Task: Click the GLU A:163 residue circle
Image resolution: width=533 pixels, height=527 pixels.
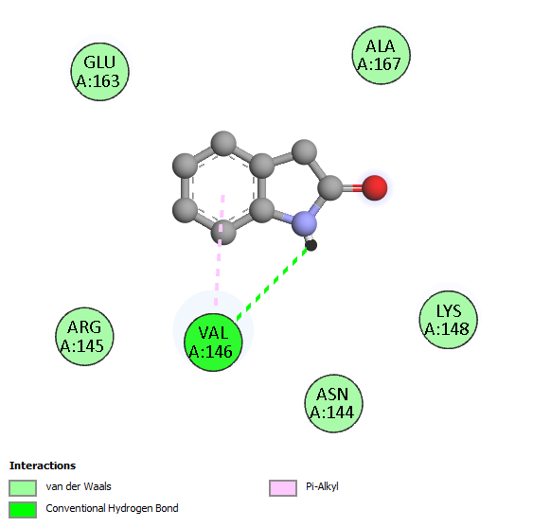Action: pyautogui.click(x=99, y=72)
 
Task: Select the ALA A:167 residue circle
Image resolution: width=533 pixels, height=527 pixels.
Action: pyautogui.click(x=382, y=55)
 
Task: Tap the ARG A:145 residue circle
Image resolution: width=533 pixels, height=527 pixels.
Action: pyautogui.click(x=84, y=337)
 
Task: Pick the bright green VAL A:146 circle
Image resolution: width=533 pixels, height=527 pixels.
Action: pyautogui.click(x=213, y=343)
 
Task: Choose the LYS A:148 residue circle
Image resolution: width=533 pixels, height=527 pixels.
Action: pyautogui.click(x=449, y=320)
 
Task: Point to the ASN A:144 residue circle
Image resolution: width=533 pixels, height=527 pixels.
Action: pyautogui.click(x=333, y=403)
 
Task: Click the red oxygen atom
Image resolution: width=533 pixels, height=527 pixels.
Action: pyautogui.click(x=375, y=187)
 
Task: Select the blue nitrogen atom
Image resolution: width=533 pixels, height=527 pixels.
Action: pyautogui.click(x=304, y=224)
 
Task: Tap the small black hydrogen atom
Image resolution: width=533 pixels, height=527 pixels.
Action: pyautogui.click(x=311, y=245)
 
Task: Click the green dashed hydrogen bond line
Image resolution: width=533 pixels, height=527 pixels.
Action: pyautogui.click(x=272, y=284)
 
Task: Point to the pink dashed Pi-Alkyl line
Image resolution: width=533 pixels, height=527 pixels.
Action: pyautogui.click(x=220, y=250)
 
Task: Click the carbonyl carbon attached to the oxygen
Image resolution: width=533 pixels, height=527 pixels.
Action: pyautogui.click(x=330, y=187)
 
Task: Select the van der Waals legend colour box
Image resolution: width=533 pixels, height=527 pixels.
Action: pyautogui.click(x=23, y=488)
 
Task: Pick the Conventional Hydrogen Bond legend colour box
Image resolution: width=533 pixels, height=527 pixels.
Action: pyautogui.click(x=23, y=510)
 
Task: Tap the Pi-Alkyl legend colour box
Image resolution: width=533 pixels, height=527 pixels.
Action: pyautogui.click(x=283, y=488)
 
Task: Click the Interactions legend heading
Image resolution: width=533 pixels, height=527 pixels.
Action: pyautogui.click(x=43, y=466)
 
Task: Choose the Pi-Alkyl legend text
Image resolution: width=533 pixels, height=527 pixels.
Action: pyautogui.click(x=322, y=487)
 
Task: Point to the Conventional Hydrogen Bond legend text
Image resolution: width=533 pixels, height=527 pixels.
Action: pyautogui.click(x=112, y=509)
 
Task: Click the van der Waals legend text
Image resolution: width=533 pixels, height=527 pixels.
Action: pyautogui.click(x=79, y=486)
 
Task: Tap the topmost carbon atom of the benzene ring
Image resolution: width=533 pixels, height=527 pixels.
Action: pyautogui.click(x=223, y=144)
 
